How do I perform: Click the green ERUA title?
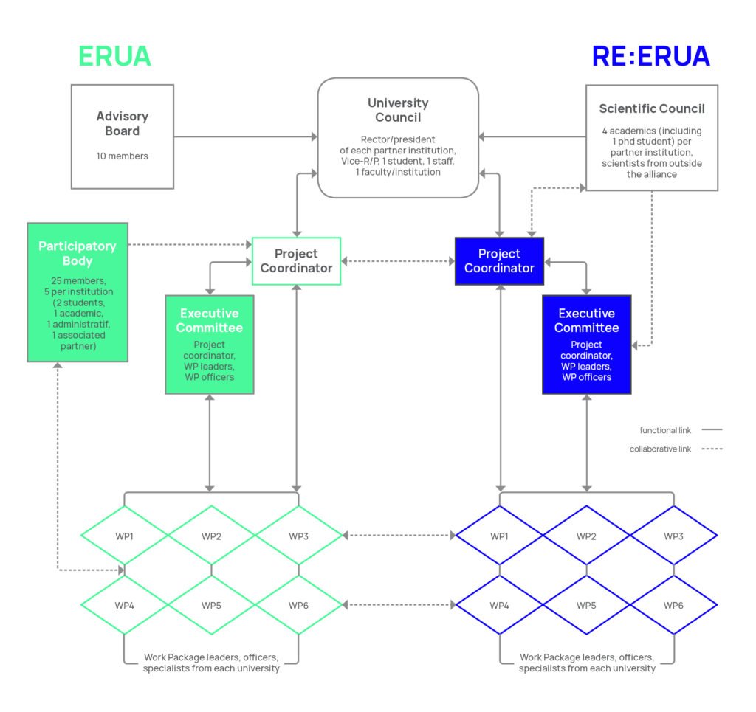click(114, 56)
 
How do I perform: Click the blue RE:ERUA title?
click(650, 56)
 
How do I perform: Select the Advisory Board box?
click(123, 136)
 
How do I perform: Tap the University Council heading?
click(398, 110)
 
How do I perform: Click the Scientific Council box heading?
click(652, 108)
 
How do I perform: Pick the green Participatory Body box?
click(78, 291)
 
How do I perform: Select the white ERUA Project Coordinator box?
click(296, 260)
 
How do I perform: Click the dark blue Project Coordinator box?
click(499, 260)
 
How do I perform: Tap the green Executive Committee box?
click(210, 344)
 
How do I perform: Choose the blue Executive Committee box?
click(586, 344)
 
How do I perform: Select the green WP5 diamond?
click(211, 605)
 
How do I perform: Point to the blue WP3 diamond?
click(673, 536)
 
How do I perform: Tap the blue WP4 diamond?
click(500, 605)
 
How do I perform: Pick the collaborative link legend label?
click(660, 449)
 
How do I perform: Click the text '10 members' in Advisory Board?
click(122, 156)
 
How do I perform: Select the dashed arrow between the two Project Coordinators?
click(398, 261)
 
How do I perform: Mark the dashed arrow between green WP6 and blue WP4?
click(399, 605)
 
